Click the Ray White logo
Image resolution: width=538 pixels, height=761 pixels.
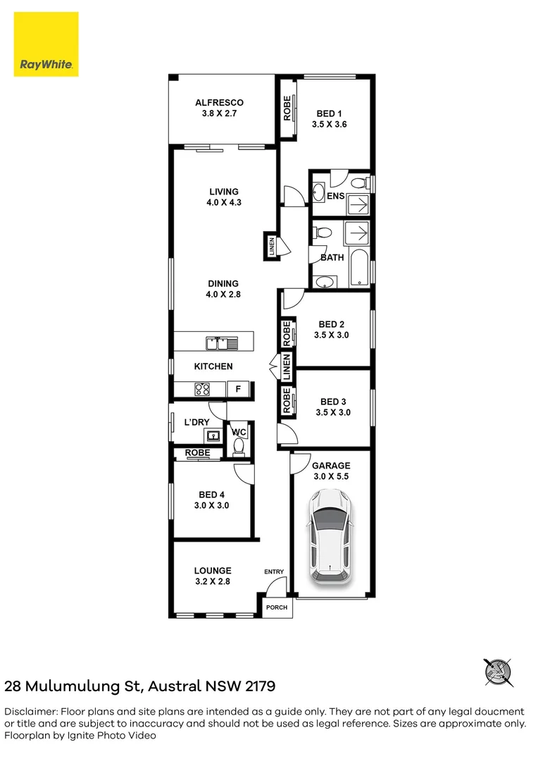tap(46, 44)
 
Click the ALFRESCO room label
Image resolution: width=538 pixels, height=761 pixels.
tap(219, 103)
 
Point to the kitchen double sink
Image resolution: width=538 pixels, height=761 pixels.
tap(221, 343)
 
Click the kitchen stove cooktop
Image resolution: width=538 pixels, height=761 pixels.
tap(202, 388)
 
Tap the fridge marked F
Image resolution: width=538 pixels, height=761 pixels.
tap(238, 388)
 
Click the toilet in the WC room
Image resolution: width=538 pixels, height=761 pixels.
tap(238, 446)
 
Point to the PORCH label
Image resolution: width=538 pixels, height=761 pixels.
tap(276, 607)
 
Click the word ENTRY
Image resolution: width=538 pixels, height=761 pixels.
tap(273, 571)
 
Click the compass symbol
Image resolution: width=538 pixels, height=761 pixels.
tap(498, 672)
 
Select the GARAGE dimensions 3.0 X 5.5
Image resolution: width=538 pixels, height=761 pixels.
tap(331, 476)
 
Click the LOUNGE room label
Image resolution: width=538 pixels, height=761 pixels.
tap(213, 571)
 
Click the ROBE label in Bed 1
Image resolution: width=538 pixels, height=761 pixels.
tap(287, 109)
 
